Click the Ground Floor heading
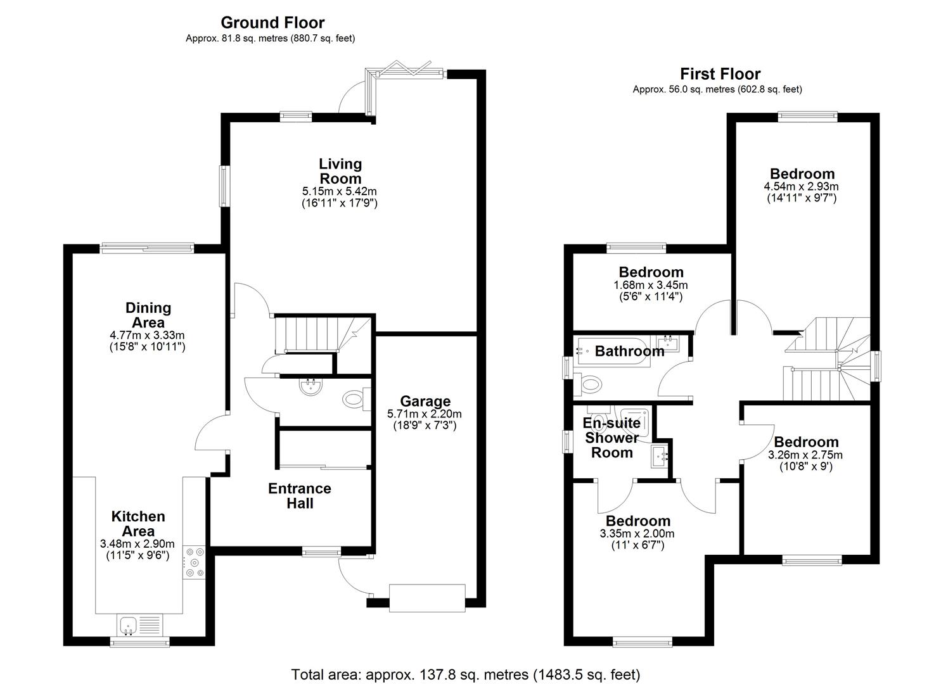click(x=272, y=23)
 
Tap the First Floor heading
click(x=720, y=74)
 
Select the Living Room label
click(x=340, y=171)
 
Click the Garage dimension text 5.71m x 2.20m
click(x=425, y=414)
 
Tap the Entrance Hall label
click(x=300, y=496)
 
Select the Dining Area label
click(x=148, y=315)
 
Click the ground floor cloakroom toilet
click(x=356, y=398)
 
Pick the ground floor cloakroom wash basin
click(x=311, y=386)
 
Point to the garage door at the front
click(x=427, y=598)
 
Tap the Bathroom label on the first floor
click(x=629, y=351)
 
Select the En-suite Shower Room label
click(x=611, y=438)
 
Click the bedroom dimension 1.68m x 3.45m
click(x=650, y=286)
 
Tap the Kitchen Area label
click(x=138, y=524)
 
